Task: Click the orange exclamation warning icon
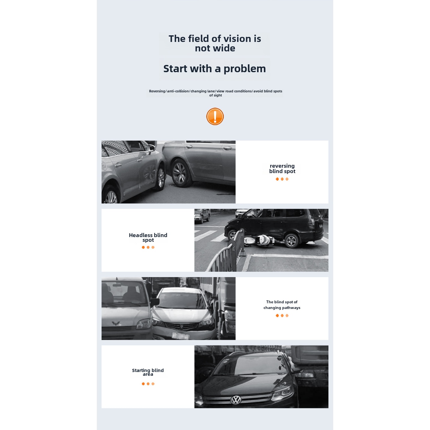pos(215,116)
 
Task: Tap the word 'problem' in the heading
pos(245,69)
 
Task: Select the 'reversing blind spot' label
pos(282,168)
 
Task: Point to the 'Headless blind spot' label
pos(148,237)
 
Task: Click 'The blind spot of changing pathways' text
pos(282,305)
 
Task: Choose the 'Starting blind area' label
pos(148,372)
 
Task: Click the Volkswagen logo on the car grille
pos(236,400)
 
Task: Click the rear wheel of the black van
pos(292,241)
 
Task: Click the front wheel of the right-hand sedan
pos(180,173)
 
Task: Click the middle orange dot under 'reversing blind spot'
pos(282,179)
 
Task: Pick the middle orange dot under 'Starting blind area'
pos(148,384)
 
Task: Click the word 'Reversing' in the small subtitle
pos(157,91)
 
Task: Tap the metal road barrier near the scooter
pos(225,252)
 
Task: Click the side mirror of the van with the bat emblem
pos(155,302)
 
